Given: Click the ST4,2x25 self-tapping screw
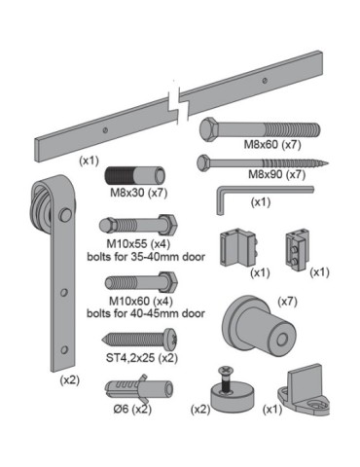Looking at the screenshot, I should (139, 340).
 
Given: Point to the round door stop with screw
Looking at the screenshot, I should (230, 385).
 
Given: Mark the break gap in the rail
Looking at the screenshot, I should (176, 99).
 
